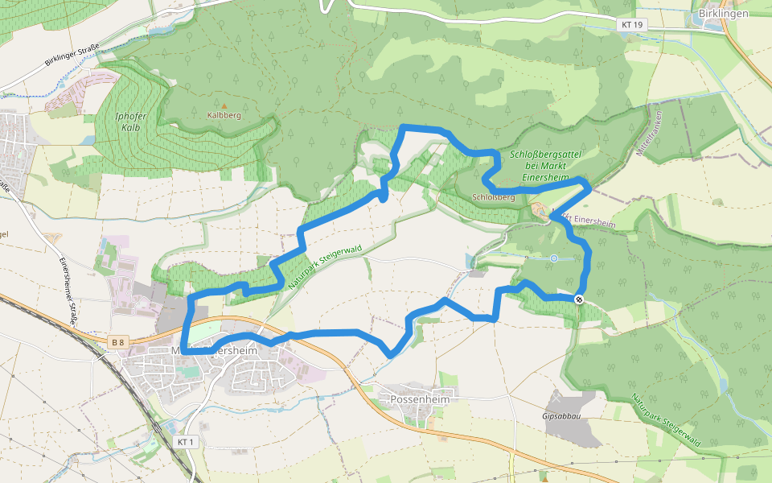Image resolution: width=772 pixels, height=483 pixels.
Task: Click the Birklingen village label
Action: click(723, 14)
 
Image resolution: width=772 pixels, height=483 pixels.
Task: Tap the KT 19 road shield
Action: click(632, 25)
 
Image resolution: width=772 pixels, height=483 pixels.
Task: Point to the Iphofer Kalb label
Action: click(130, 122)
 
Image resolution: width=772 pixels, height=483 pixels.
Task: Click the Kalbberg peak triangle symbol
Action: click(224, 105)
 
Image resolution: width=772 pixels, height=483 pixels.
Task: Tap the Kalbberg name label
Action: click(224, 115)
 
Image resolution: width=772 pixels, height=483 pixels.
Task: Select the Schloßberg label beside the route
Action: click(494, 196)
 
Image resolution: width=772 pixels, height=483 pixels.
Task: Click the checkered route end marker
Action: click(579, 299)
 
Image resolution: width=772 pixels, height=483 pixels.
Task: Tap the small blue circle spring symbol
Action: click(554, 258)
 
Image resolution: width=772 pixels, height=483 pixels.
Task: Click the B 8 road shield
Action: click(118, 343)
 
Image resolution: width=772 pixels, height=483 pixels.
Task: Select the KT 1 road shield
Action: click(186, 443)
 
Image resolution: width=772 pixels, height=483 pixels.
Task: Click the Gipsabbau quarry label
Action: click(561, 417)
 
